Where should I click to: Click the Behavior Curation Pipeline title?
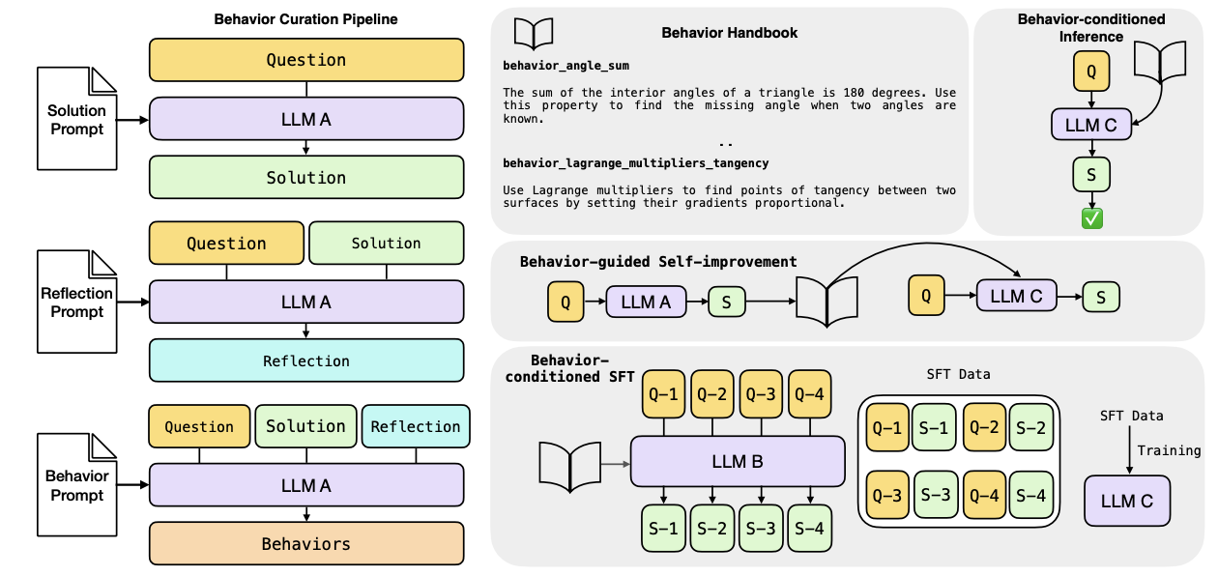tap(306, 19)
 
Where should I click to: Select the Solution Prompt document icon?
tap(76, 120)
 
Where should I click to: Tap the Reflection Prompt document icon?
tap(76, 302)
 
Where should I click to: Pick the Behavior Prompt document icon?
tap(76, 485)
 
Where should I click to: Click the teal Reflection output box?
tap(306, 360)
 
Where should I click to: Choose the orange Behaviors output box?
tap(306, 544)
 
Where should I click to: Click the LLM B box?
tap(738, 461)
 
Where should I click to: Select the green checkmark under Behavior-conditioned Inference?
tap(1092, 217)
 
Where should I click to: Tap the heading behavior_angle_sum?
tap(565, 66)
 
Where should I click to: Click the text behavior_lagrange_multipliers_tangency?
tap(636, 163)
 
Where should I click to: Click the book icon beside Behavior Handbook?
tap(534, 34)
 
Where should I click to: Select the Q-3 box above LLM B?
tap(763, 394)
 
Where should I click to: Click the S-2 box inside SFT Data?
tap(1032, 427)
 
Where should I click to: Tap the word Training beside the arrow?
tap(1169, 450)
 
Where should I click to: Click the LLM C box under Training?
tap(1126, 501)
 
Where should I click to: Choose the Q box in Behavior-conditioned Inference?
tap(1091, 70)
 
